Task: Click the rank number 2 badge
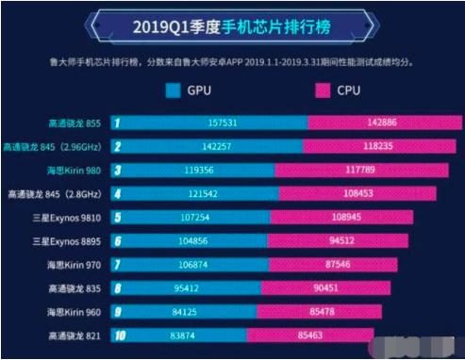click(117, 147)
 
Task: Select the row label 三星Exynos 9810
click(64, 218)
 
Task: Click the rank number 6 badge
click(117, 241)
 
